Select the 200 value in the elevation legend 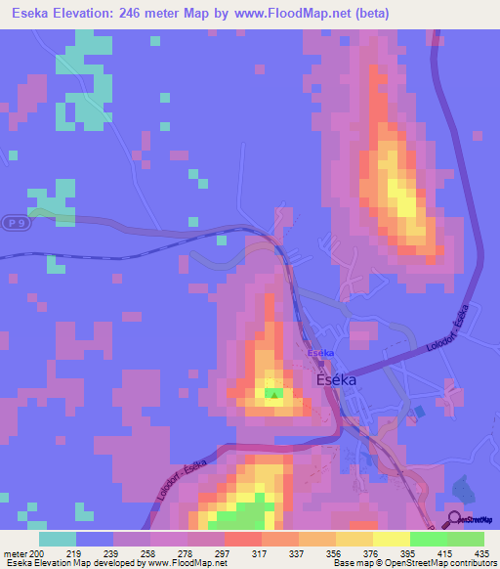click(x=36, y=553)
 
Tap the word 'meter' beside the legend click(x=14, y=553)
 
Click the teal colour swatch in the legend click(x=58, y=539)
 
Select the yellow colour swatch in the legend click(x=392, y=539)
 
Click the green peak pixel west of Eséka click(x=274, y=395)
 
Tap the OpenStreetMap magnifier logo click(x=454, y=518)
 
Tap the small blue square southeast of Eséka click(x=420, y=412)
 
